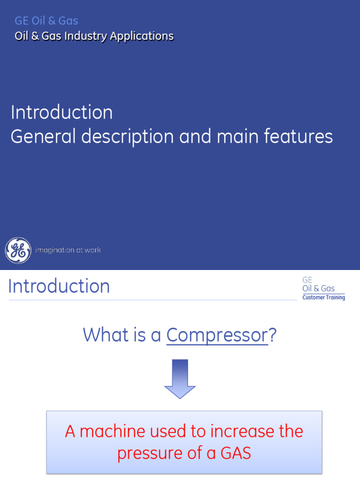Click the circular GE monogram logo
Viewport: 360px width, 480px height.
(x=18, y=250)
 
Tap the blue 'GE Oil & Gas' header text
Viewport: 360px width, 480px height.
(x=46, y=21)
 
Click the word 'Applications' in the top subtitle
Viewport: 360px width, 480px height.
(x=142, y=36)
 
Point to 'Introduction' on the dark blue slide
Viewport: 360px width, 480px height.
(x=61, y=112)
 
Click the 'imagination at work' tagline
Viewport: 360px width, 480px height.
(x=68, y=250)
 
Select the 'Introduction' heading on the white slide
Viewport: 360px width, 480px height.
(x=59, y=286)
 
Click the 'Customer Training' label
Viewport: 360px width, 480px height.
(x=323, y=298)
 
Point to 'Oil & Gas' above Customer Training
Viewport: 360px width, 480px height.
(x=319, y=289)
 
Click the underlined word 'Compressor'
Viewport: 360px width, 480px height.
(x=217, y=335)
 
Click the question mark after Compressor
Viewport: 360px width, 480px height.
(x=272, y=335)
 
